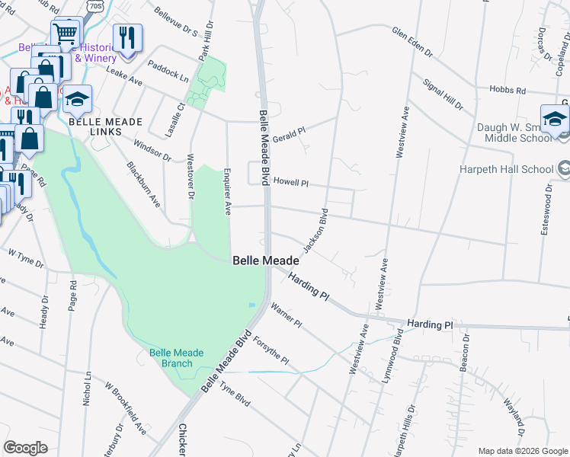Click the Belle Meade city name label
[x=265, y=260]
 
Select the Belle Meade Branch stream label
[x=171, y=357]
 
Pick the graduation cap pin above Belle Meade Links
[x=77, y=99]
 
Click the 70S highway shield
[x=95, y=5]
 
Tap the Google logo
[x=25, y=448]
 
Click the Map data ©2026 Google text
[x=522, y=451]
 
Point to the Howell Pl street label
[x=290, y=183]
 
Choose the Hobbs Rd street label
[x=510, y=91]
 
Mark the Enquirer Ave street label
[x=227, y=192]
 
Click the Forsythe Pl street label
[x=271, y=350]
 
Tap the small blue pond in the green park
[x=251, y=305]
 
